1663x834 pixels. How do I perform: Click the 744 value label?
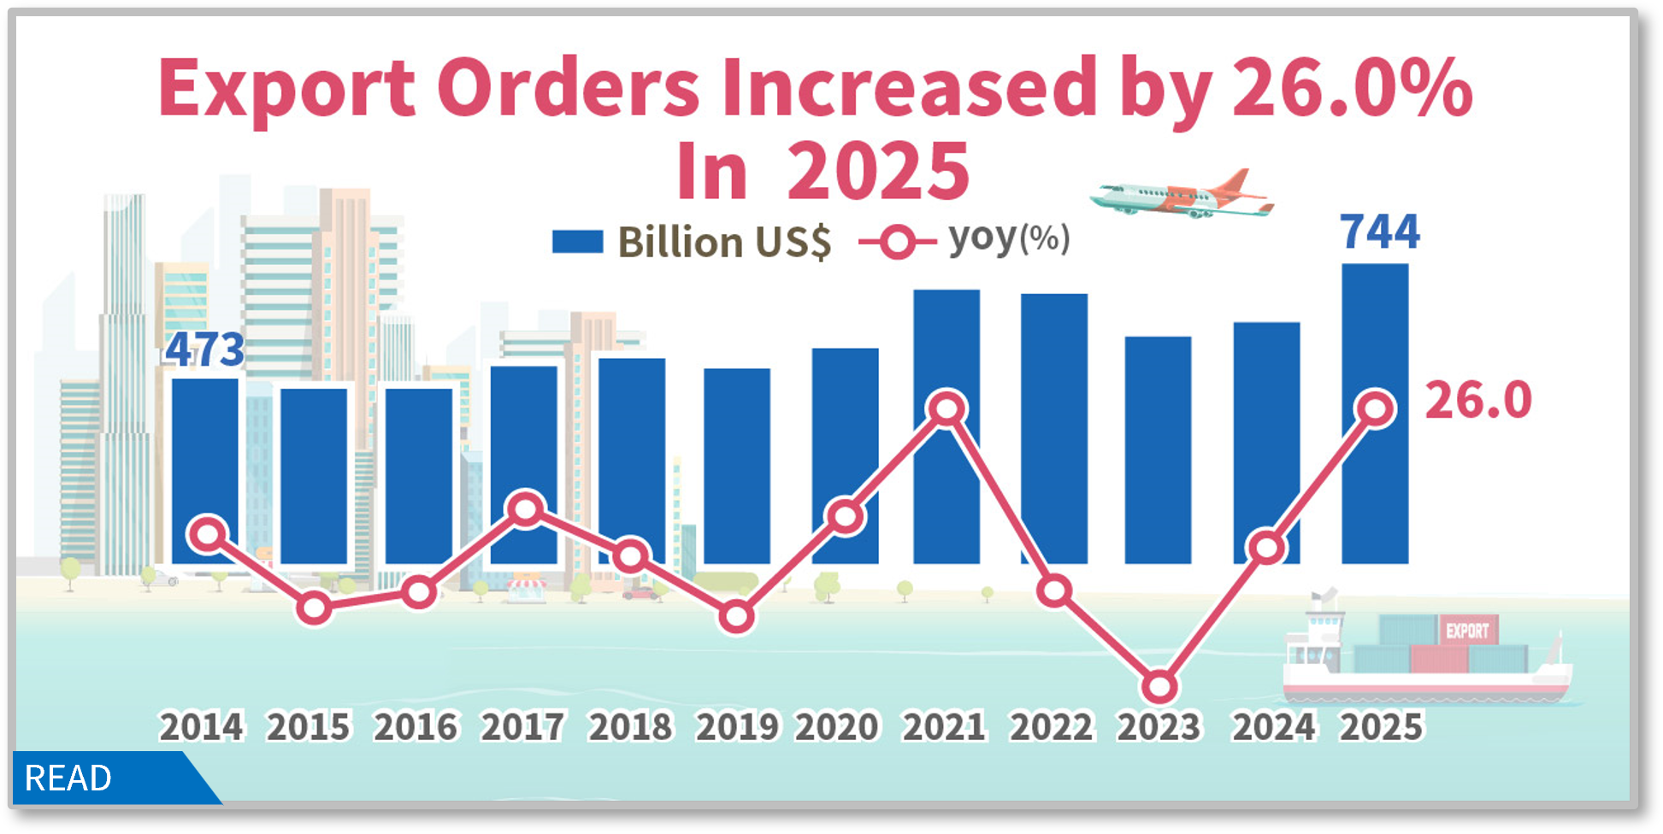(1379, 232)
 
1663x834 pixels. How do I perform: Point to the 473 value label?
(204, 349)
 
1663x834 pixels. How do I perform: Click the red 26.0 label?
(1478, 401)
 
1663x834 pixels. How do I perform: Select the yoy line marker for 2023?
(1160, 686)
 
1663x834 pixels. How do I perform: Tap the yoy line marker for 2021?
(946, 408)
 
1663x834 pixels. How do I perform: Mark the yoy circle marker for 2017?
(526, 509)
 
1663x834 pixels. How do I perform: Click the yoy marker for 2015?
(315, 608)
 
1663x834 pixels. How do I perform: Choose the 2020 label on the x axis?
(837, 727)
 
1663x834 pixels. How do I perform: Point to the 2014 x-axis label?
(202, 727)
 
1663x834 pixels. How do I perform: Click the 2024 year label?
(1273, 727)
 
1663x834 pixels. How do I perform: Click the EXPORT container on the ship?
(1467, 631)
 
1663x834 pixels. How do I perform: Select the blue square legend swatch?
(577, 242)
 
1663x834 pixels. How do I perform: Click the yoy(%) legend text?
(1009, 238)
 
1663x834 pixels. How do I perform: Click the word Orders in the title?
(569, 88)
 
